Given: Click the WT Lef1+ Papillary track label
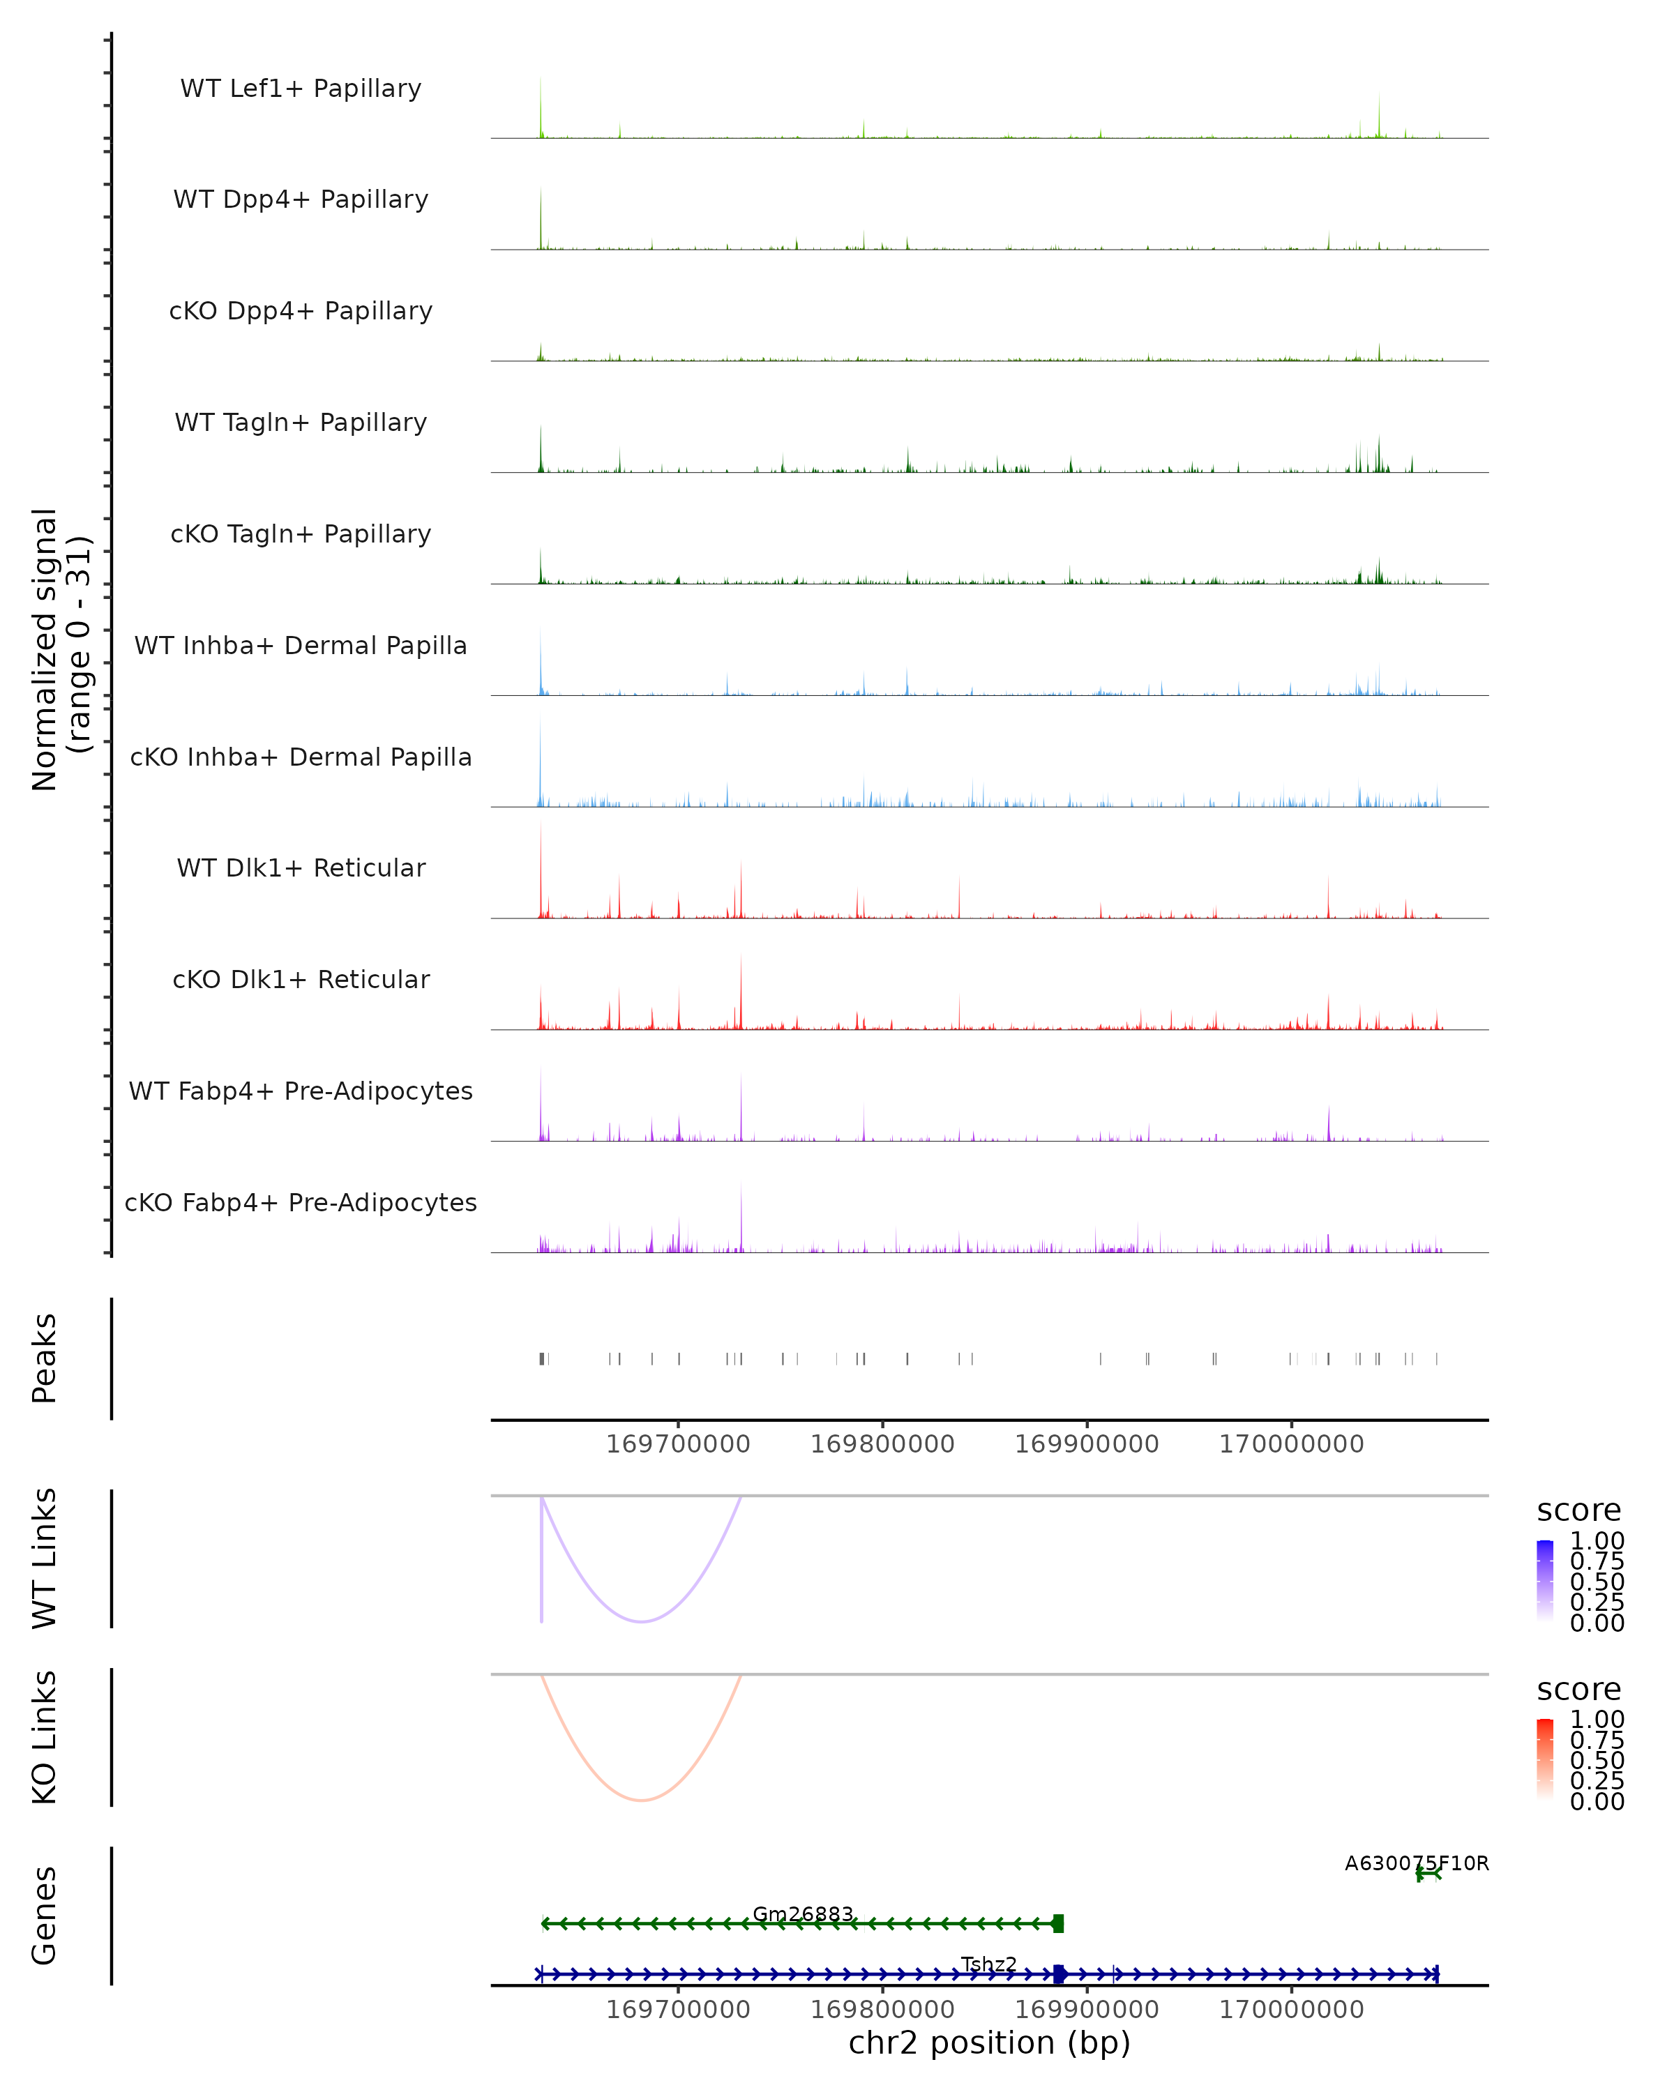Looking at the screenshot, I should click(301, 89).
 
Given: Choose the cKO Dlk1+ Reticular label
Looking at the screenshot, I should click(301, 979).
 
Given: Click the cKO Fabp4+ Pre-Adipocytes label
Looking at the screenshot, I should click(301, 1202).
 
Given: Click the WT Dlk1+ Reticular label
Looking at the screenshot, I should click(301, 867).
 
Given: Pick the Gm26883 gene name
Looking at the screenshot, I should click(803, 1913).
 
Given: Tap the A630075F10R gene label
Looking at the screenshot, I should click(1416, 1863).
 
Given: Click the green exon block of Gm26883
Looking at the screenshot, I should click(1058, 1923).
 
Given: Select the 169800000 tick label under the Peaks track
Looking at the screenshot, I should click(882, 1444).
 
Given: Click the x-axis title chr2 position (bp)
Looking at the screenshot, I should click(989, 2043).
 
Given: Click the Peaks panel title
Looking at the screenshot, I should click(44, 1358).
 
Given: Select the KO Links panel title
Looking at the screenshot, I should click(44, 1737).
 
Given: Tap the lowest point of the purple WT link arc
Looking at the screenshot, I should click(642, 1621).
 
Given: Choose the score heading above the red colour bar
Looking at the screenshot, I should click(1578, 1690).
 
